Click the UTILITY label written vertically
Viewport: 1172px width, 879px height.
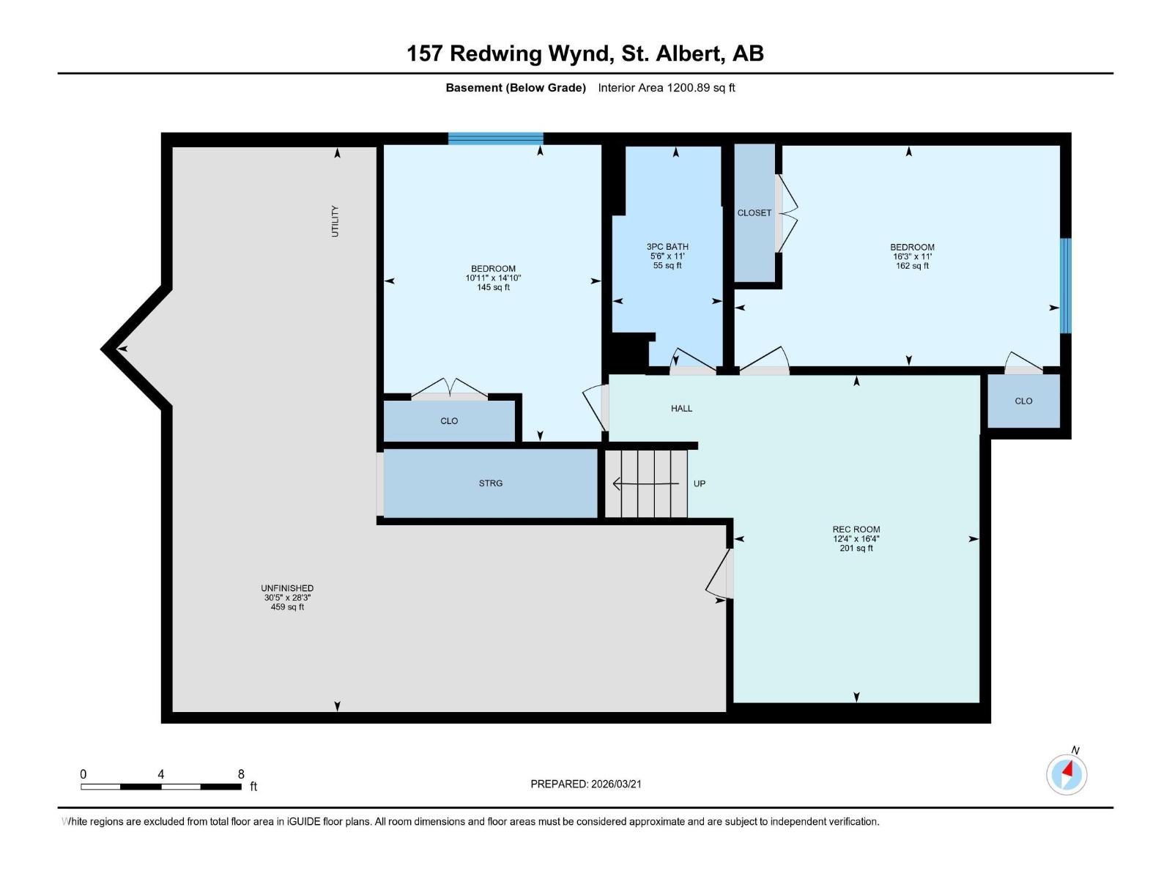coord(335,221)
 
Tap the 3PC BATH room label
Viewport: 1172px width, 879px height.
coord(667,247)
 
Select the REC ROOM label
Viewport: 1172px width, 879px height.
coord(856,529)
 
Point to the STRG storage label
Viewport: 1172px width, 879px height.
coord(491,483)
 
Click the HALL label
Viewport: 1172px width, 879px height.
coord(681,409)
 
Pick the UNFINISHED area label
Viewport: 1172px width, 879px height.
coord(287,588)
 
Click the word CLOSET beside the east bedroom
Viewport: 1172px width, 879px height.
coord(754,213)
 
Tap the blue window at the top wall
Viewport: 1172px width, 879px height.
coord(496,138)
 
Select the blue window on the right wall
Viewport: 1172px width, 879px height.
coord(1066,286)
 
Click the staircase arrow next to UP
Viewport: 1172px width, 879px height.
coord(645,484)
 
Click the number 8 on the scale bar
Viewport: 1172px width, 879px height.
coord(241,774)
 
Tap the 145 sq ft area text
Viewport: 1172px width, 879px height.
coord(493,288)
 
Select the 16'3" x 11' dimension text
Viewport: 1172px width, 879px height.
coord(912,257)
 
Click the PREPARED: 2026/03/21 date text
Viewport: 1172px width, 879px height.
coord(586,784)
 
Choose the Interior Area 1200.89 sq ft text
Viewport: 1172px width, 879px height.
coord(666,88)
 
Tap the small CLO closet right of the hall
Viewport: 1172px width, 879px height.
coord(1023,401)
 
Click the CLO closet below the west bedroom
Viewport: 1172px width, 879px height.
coord(449,421)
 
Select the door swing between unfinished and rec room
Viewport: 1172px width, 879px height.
coord(719,575)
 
